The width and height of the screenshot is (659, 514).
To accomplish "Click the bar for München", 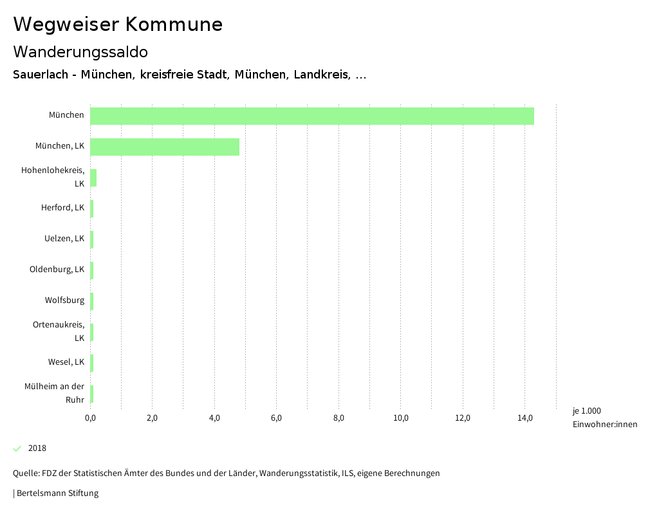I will click(x=312, y=116).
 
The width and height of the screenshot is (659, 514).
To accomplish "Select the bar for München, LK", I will click(x=165, y=147).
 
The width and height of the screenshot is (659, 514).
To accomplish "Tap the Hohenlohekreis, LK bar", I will click(x=93, y=178).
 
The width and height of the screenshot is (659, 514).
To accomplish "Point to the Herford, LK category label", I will click(x=62, y=208).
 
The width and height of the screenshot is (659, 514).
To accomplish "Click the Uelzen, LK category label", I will click(x=64, y=239).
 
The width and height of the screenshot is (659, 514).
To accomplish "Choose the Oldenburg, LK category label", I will click(x=57, y=270).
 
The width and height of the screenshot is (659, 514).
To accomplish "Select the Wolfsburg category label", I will click(x=64, y=300).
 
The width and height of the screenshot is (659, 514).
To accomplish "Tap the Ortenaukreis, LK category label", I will click(x=59, y=331).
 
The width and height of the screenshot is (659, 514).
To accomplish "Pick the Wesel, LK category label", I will click(x=66, y=362).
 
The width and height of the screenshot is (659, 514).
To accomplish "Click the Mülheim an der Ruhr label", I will click(x=55, y=393).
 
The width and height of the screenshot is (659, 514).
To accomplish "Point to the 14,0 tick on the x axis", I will click(x=525, y=418).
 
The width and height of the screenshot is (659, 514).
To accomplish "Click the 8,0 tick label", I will click(x=339, y=418).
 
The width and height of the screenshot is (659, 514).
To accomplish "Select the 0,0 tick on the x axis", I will click(x=90, y=418).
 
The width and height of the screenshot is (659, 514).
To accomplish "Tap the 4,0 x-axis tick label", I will click(x=214, y=418).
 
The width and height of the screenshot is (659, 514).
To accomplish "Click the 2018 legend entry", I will click(x=37, y=448).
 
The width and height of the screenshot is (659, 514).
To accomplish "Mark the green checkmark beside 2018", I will click(x=17, y=448).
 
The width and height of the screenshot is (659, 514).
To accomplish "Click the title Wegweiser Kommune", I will click(x=118, y=24).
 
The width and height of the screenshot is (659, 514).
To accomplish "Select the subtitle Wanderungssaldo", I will click(x=80, y=51).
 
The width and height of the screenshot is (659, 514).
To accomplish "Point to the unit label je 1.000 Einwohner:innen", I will click(x=604, y=418).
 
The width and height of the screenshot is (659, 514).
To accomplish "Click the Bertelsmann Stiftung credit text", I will click(x=57, y=493).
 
